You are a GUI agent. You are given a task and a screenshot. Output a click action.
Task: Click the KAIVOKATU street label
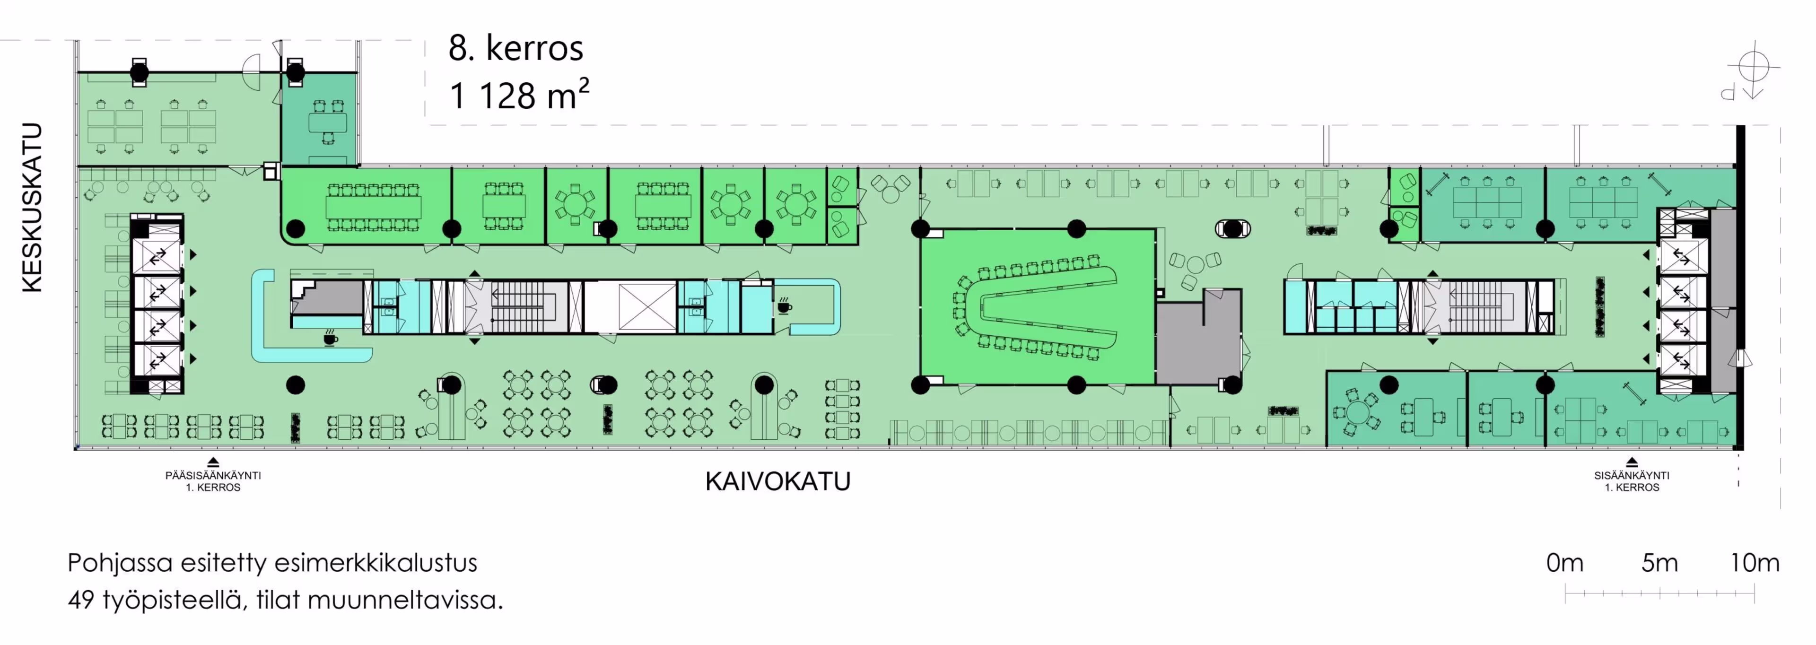[x=777, y=481]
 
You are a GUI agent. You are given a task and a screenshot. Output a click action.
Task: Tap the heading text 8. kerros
[x=515, y=48]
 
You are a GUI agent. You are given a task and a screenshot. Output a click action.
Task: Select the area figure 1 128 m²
[x=518, y=95]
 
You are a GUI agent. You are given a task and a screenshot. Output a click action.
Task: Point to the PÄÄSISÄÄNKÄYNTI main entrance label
[x=213, y=476]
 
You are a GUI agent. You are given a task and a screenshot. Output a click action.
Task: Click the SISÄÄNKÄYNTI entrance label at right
[x=1631, y=476]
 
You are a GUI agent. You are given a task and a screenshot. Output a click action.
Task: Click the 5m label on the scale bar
[x=1659, y=563]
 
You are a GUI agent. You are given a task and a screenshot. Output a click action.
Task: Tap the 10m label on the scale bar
[x=1754, y=563]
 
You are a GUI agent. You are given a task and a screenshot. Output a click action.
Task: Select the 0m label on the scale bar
[x=1564, y=563]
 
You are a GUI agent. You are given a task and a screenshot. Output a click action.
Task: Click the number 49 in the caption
[x=81, y=600]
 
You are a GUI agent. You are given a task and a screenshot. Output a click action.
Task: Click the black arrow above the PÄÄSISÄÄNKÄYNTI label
[x=213, y=462]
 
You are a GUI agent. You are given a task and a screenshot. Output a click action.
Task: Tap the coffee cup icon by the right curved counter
[x=784, y=306]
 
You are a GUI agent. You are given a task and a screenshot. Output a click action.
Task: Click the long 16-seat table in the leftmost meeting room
[x=373, y=207]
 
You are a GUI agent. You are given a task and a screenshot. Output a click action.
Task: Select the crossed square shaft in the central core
[x=646, y=306]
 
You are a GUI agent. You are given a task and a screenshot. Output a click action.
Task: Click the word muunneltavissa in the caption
[x=405, y=600]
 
